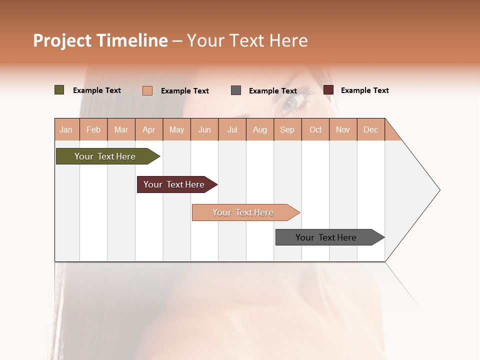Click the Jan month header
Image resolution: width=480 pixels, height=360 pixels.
pyautogui.click(x=66, y=129)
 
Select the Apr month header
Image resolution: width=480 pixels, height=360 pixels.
pyautogui.click(x=149, y=129)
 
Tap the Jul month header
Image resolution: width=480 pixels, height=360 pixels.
pyautogui.click(x=232, y=129)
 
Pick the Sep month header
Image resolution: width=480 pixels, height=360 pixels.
pyautogui.click(x=287, y=129)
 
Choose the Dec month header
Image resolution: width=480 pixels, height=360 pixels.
pyautogui.click(x=370, y=129)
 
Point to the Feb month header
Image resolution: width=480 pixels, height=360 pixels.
pyautogui.click(x=93, y=129)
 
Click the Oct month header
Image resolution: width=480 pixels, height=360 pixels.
pyautogui.click(x=315, y=129)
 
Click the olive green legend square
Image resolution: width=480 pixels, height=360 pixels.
pyautogui.click(x=59, y=90)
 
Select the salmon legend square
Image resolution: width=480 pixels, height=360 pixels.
pyautogui.click(x=147, y=90)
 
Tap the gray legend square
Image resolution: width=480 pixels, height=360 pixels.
pyautogui.click(x=236, y=90)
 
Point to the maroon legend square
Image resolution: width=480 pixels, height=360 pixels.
pyautogui.click(x=328, y=90)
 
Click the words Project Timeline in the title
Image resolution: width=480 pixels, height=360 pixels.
pyautogui.click(x=100, y=40)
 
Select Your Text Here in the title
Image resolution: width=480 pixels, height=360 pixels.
pyautogui.click(x=247, y=40)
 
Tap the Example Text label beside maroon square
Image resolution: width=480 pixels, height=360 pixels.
pyautogui.click(x=364, y=90)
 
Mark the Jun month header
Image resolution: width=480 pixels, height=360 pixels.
pyautogui.click(x=204, y=129)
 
